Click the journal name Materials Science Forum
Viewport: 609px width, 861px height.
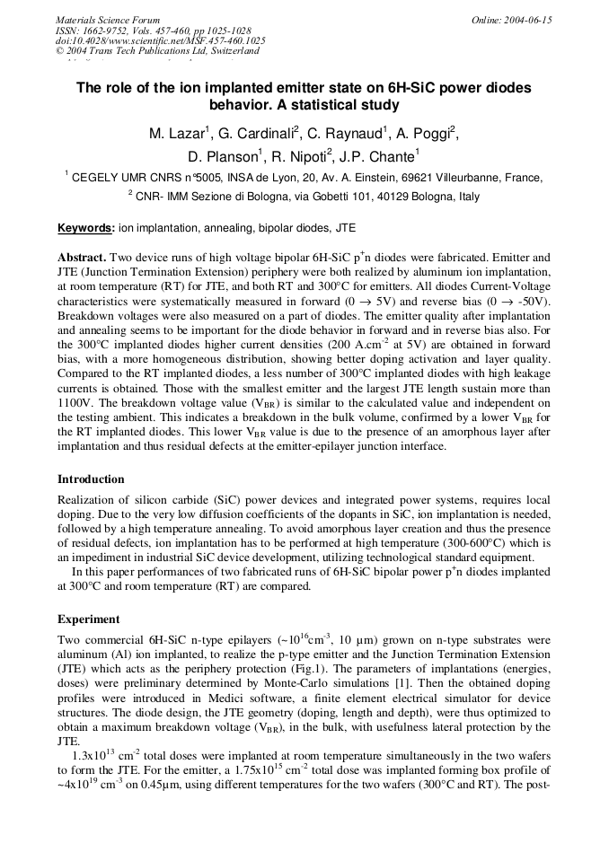coord(108,19)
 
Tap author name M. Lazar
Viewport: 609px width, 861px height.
coord(177,135)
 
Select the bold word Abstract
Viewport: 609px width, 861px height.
coord(83,257)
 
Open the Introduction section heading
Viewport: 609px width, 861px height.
coord(91,479)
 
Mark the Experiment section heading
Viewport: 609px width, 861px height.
coord(89,619)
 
